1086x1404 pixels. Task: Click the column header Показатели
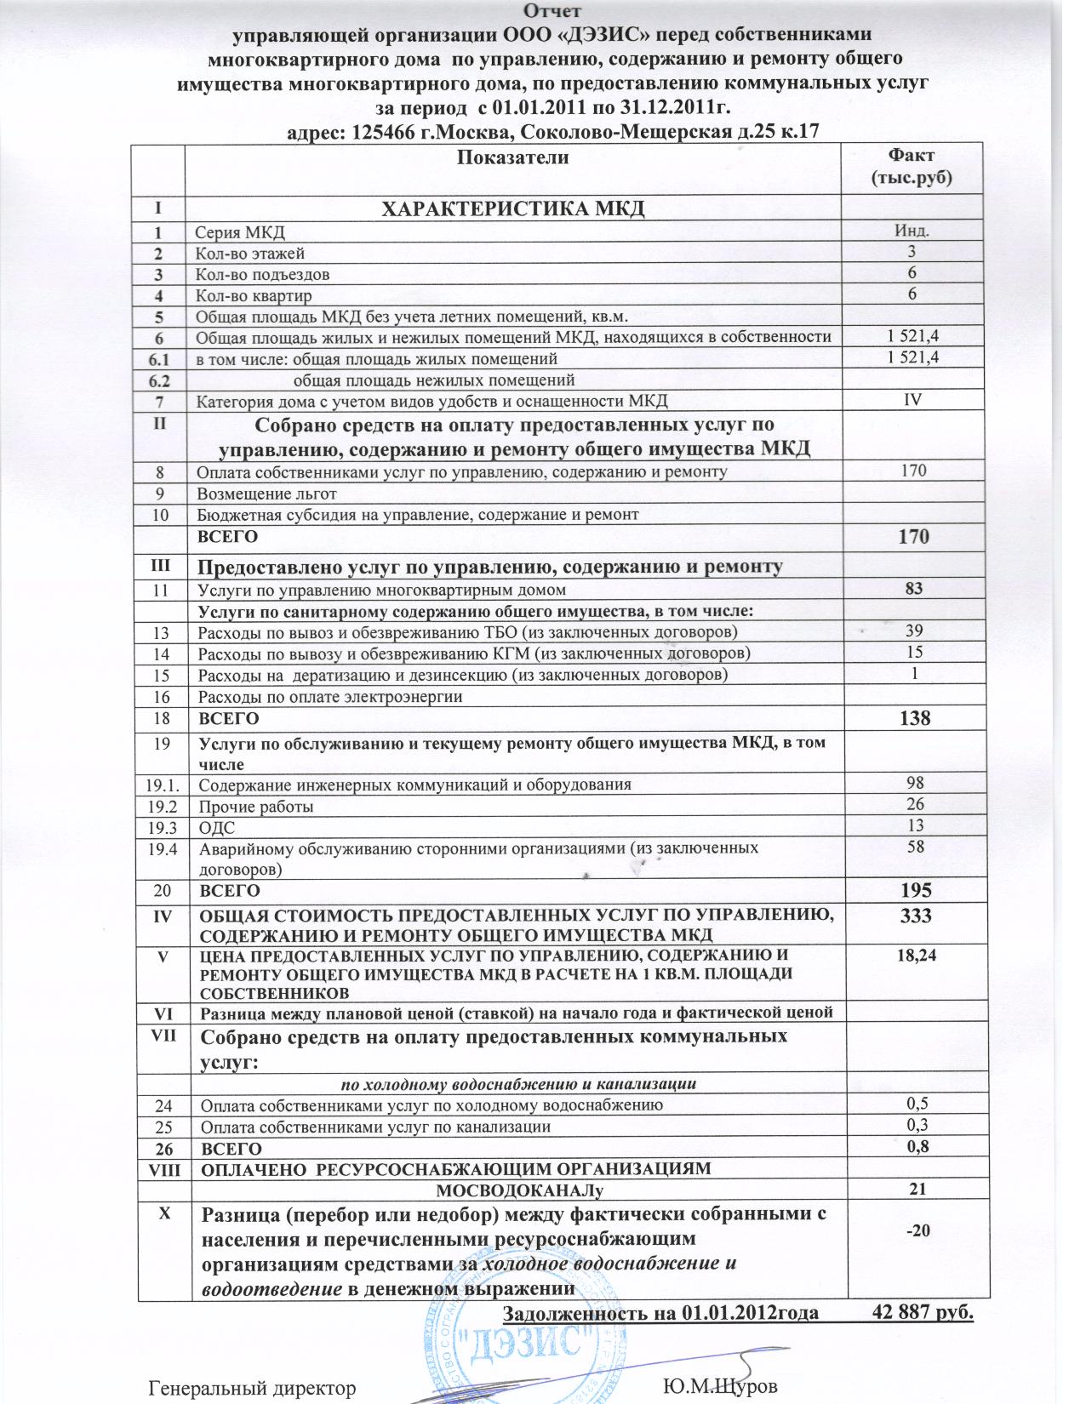[512, 157]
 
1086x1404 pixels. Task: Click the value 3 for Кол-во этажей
[912, 252]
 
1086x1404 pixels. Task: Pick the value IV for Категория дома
[912, 399]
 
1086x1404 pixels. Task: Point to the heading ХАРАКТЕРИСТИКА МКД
[512, 208]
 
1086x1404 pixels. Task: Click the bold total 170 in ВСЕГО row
[912, 537]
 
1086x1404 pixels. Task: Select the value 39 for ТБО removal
[912, 631]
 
